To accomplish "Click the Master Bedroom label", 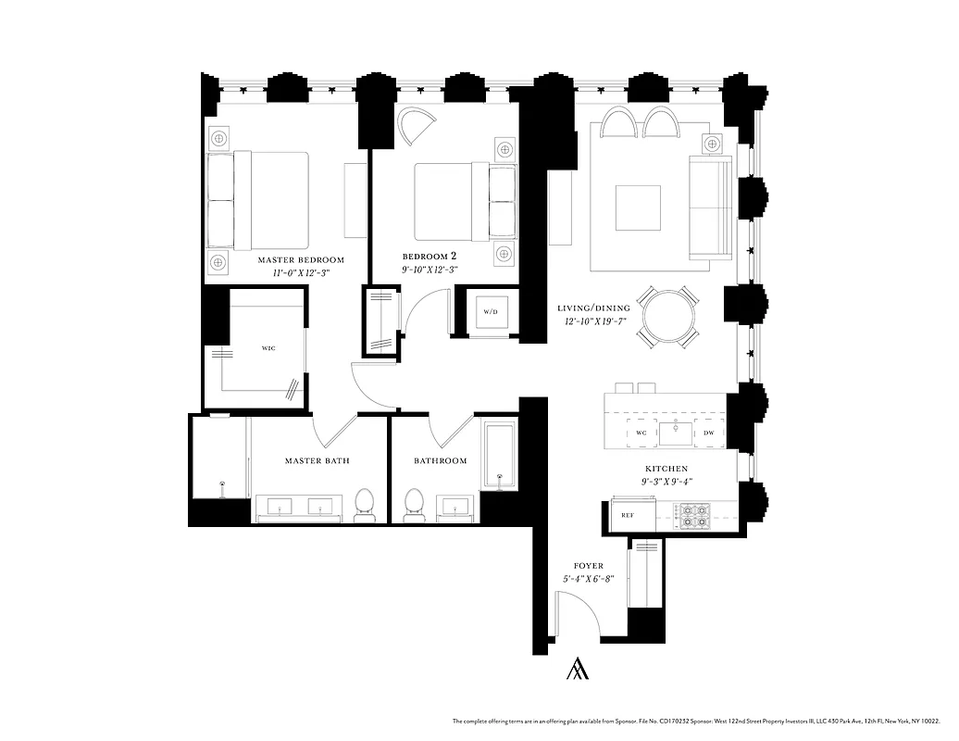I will coord(301,259).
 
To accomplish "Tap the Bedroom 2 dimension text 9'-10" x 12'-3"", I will coord(430,270).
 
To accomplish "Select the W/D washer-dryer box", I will coord(489,311).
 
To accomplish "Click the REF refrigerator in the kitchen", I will coord(627,515).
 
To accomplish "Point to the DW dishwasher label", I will coord(708,433).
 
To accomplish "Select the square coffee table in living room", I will coord(638,207).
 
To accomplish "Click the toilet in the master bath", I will coord(365,505).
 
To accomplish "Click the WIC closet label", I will coord(268,348).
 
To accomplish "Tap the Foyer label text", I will coord(589,565).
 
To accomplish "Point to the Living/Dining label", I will coord(593,308).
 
